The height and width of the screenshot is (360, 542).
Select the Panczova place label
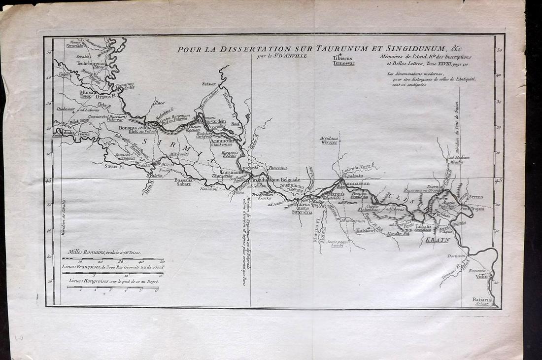pos(276,168)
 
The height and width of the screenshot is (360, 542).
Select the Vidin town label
pos(482,276)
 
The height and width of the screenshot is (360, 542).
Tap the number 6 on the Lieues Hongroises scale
pos(156,290)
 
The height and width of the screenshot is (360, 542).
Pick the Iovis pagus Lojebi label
pos(334,243)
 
